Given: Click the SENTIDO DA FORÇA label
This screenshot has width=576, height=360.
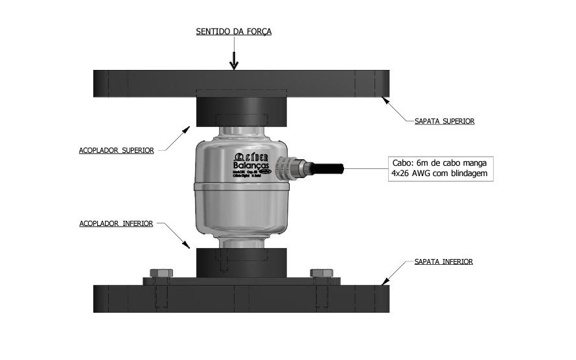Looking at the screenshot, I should click(235, 31).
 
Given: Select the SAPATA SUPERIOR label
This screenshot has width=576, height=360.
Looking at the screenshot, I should click(444, 121).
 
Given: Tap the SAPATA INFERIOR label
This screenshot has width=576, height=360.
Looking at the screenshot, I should click(444, 262).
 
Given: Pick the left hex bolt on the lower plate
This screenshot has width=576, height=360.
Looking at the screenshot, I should click(159, 274).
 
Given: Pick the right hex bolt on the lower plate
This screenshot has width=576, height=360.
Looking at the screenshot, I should click(319, 274).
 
